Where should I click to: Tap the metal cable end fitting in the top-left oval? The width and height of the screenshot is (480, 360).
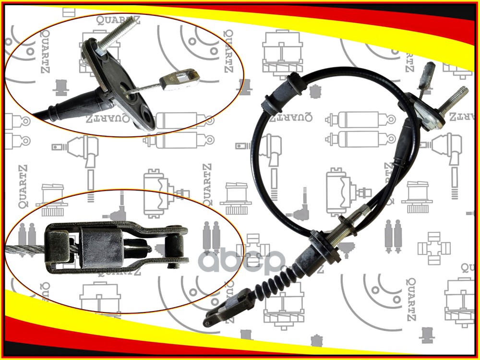(x=180, y=78)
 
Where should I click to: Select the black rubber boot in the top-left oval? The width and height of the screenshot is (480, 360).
(x=72, y=106)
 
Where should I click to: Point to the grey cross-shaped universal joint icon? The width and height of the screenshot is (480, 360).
(x=433, y=248)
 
